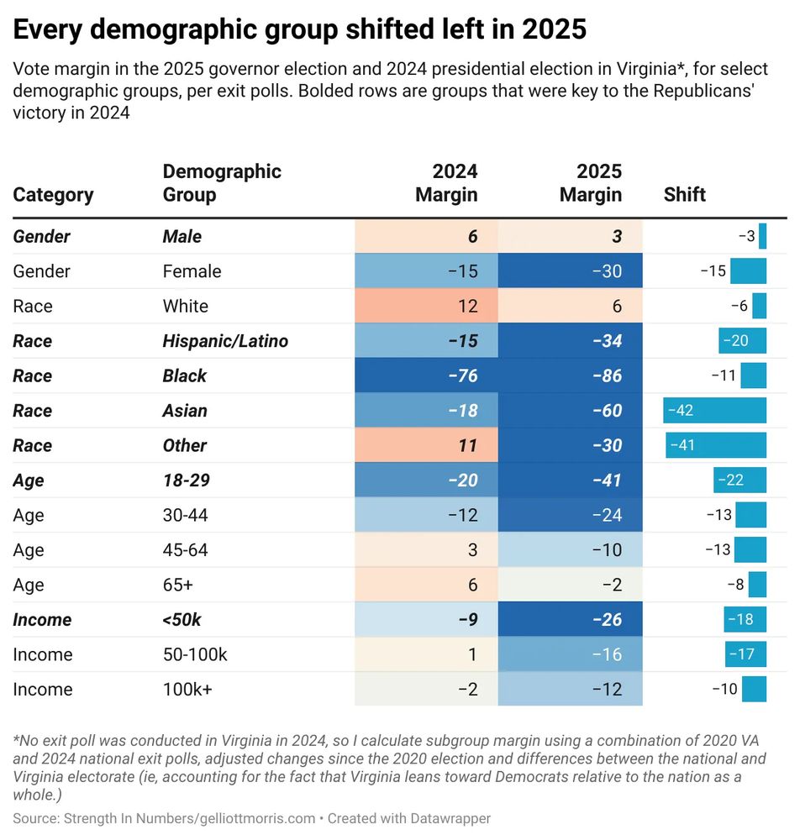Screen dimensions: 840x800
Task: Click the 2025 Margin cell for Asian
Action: click(570, 411)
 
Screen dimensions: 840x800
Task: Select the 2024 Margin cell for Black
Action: click(426, 375)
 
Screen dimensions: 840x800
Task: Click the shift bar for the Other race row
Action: click(716, 445)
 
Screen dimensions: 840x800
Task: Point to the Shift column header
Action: click(684, 195)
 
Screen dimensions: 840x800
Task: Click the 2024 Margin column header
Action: click(446, 183)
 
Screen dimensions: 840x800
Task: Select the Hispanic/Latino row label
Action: click(225, 341)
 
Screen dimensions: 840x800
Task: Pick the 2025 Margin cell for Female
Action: click(570, 271)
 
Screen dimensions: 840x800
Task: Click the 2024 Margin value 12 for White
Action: click(426, 307)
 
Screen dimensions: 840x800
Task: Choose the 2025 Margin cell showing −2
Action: click(570, 585)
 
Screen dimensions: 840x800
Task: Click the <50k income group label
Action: click(182, 620)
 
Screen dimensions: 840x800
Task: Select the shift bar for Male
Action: click(762, 237)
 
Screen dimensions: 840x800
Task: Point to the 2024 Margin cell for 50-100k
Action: click(426, 654)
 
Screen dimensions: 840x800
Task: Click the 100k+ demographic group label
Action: click(187, 690)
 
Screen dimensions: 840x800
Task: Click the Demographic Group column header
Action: click(221, 183)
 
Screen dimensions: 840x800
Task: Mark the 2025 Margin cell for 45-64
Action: click(570, 550)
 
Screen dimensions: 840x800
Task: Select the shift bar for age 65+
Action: click(757, 585)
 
